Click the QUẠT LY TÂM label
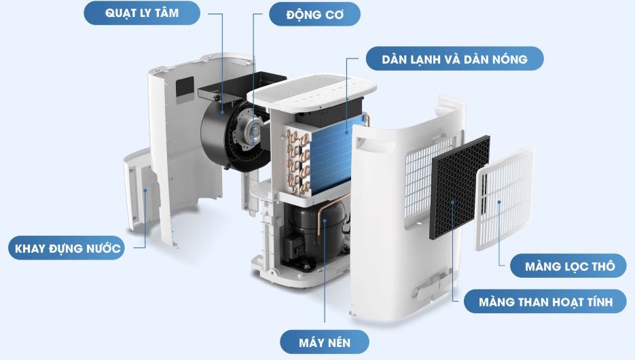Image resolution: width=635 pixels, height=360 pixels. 143,14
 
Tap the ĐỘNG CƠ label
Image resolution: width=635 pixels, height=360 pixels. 314,14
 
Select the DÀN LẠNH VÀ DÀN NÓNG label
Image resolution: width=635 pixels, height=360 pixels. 454,58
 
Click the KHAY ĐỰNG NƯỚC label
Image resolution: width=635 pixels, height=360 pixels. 67,249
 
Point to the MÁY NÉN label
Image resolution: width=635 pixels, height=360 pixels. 325,341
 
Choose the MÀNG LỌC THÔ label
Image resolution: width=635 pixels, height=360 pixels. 570,266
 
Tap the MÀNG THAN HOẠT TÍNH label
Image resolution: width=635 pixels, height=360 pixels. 545,302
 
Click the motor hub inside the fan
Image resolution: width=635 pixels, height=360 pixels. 250,129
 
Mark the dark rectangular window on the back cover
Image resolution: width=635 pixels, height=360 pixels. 184,87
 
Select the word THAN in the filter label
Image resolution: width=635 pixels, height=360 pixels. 542,302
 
